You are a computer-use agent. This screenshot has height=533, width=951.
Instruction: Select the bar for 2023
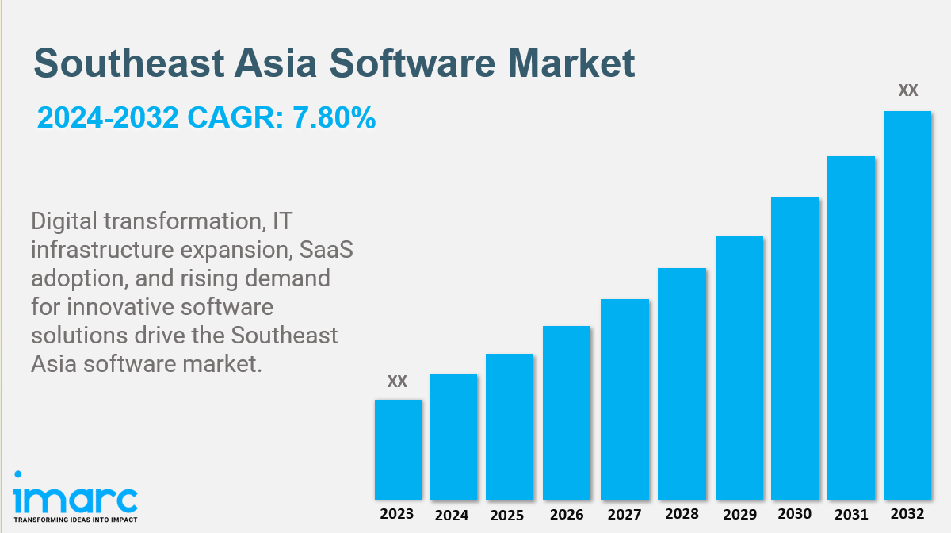(398, 449)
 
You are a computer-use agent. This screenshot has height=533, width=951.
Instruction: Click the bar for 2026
(567, 412)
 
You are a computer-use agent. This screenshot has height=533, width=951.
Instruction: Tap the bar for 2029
(739, 368)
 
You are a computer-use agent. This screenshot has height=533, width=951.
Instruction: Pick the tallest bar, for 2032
(907, 305)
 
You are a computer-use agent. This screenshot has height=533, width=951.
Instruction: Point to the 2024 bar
(453, 436)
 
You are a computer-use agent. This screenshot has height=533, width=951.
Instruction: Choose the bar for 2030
(795, 348)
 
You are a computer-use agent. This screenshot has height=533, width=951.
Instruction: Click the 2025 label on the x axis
(507, 516)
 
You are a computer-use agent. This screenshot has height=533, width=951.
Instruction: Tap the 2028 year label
(682, 515)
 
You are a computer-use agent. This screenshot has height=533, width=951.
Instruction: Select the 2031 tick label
(851, 515)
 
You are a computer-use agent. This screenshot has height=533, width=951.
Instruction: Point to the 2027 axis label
(624, 516)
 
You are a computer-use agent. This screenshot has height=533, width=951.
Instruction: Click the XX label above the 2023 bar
(397, 382)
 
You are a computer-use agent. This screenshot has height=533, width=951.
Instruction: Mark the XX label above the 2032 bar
(907, 91)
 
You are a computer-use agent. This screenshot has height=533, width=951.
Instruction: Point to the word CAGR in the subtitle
(230, 118)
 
